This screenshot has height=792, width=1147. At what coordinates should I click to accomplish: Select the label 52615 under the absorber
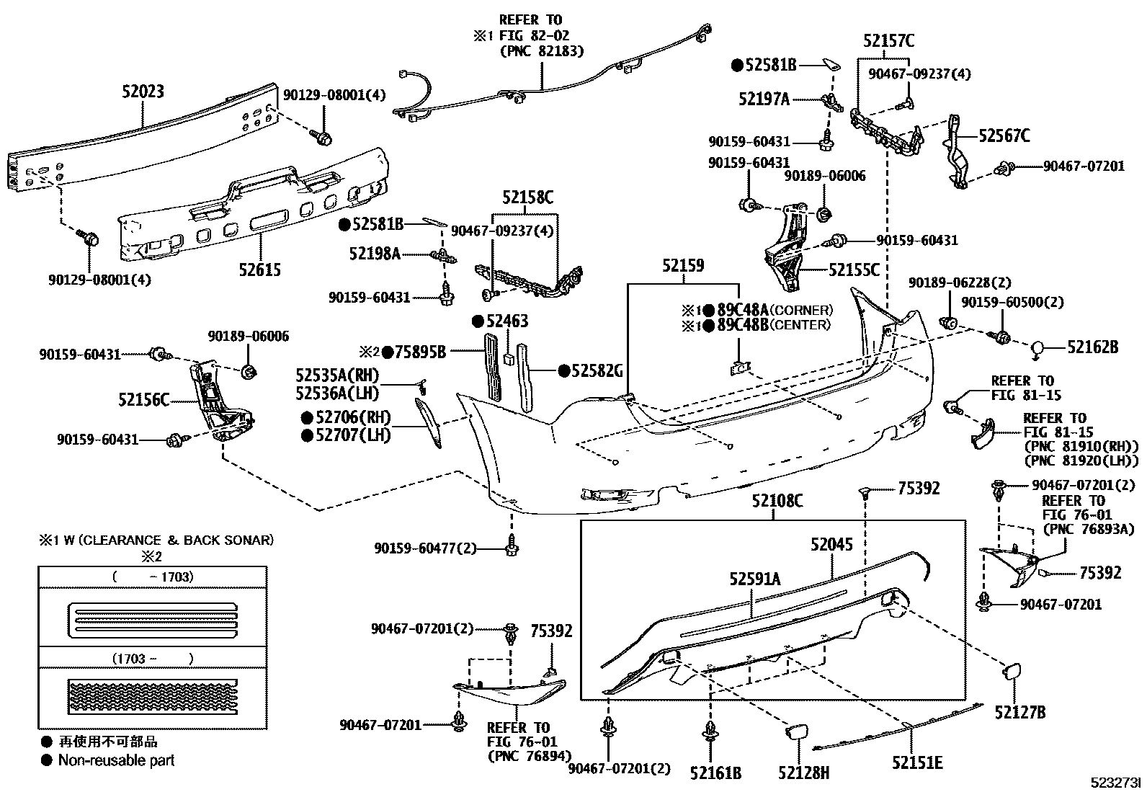pos(259,270)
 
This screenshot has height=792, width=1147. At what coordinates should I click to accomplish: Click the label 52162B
pos(1092,347)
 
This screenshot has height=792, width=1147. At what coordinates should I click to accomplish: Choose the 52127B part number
pos(1019,713)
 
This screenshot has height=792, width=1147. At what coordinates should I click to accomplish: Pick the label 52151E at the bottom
pos(916,763)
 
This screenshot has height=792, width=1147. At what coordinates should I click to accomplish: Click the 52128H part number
pos(803,773)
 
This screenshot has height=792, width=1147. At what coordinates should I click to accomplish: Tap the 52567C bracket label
pos(1004,135)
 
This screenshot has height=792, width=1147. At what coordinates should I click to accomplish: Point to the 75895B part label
pos(419,352)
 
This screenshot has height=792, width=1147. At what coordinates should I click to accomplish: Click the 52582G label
pos(596,371)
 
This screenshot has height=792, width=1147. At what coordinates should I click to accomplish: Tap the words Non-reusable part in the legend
pos(116,760)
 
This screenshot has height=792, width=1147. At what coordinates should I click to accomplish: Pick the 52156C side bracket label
pos(143,399)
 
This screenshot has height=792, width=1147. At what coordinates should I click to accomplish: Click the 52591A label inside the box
pos(754,578)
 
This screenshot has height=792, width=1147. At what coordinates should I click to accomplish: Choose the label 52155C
pos(854,270)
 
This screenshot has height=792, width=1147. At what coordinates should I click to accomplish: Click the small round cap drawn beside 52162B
pos(1038,348)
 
